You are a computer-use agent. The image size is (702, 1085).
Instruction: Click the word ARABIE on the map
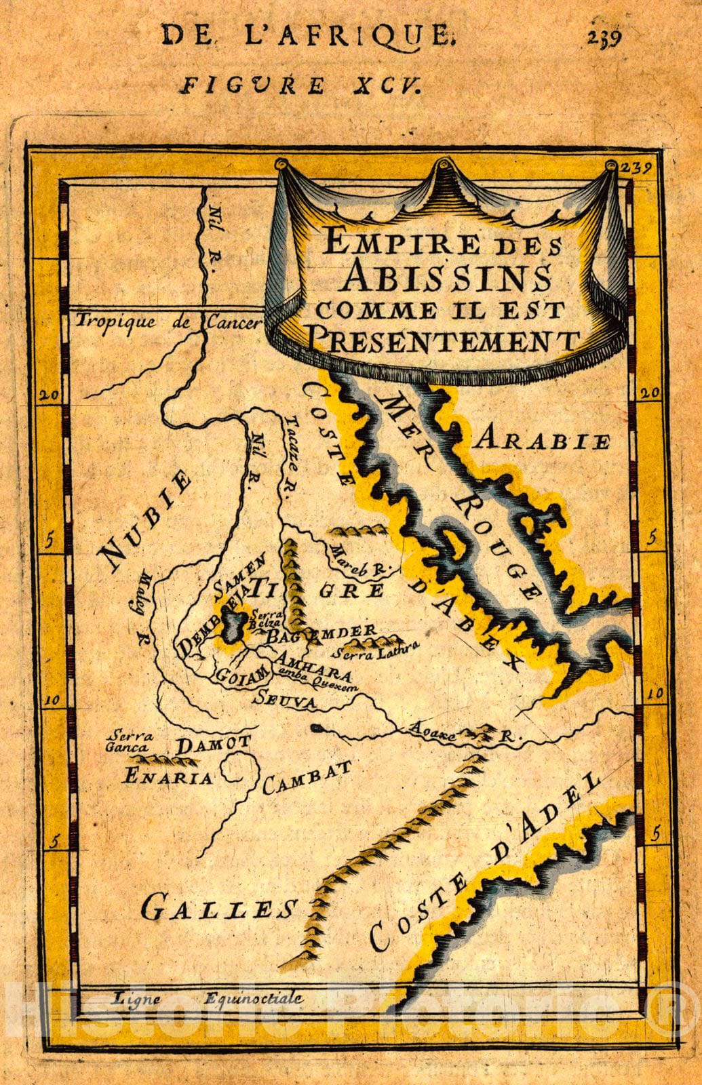tap(543, 441)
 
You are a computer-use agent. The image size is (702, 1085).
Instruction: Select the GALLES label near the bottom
tap(219, 907)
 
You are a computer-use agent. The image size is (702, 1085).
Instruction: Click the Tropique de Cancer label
tap(168, 321)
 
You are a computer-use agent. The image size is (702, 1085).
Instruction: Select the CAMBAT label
tap(307, 777)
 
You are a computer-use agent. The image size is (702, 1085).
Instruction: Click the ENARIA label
tap(167, 776)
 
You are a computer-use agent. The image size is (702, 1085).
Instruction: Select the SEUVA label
tap(284, 701)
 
